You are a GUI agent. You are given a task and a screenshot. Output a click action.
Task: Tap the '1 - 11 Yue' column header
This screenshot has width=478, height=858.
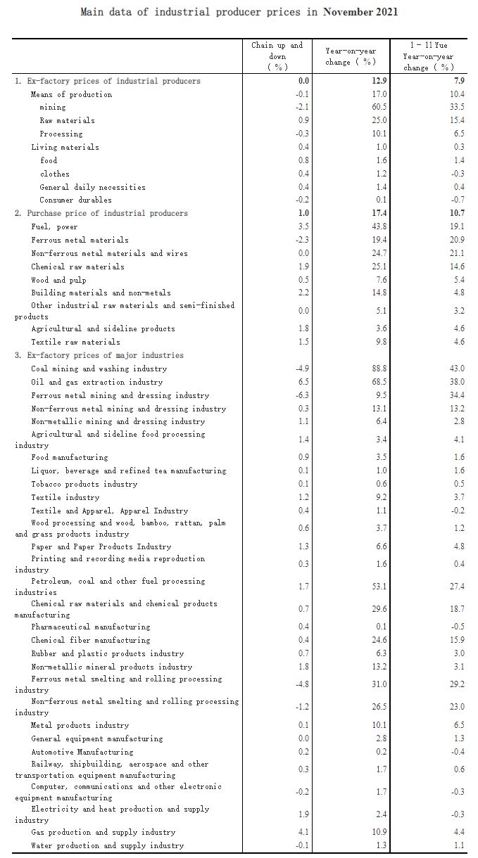point(429,56)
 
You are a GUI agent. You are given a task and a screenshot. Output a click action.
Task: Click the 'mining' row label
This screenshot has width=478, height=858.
point(53,107)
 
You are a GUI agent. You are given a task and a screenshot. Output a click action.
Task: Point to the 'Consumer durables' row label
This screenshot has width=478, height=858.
point(75,200)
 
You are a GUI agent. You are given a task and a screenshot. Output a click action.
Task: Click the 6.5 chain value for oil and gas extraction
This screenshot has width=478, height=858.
point(303,382)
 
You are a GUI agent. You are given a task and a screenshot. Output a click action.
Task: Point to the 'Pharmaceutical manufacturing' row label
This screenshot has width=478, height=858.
point(90,627)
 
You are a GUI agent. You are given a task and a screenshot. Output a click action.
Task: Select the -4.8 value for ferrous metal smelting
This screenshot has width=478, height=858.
point(301,684)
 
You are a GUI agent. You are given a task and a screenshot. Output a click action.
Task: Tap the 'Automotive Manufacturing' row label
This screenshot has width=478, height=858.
point(82,752)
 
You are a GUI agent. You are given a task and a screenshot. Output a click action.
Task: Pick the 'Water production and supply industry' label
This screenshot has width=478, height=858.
point(107,845)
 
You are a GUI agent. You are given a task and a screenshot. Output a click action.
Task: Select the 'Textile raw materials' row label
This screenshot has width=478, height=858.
point(75,342)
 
